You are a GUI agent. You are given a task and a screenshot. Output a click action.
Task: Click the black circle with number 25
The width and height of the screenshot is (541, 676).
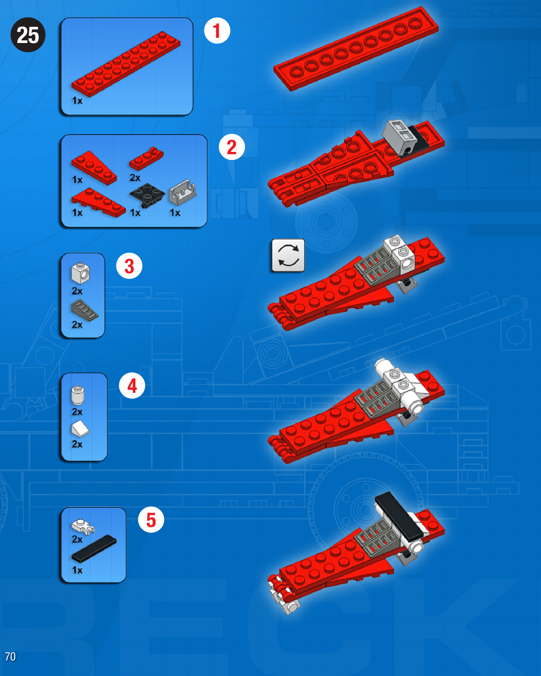click(x=28, y=35)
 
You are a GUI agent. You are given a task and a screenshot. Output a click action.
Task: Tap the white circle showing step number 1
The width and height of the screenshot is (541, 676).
click(x=217, y=31)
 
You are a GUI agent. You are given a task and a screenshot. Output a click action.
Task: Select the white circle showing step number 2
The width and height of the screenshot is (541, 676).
click(x=232, y=147)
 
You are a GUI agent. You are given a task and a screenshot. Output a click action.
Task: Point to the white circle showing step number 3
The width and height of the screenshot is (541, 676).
click(x=129, y=266)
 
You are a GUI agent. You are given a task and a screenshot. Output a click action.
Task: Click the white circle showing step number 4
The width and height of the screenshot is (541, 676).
click(x=132, y=385)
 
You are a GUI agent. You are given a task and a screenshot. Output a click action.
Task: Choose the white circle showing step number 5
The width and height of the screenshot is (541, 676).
click(x=151, y=520)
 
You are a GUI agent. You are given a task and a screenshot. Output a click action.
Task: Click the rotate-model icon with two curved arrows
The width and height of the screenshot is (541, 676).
click(x=288, y=255)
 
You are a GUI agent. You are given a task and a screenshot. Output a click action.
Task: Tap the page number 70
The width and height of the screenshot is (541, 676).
click(x=10, y=657)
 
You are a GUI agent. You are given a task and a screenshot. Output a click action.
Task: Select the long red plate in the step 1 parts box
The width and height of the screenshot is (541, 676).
click(x=126, y=64)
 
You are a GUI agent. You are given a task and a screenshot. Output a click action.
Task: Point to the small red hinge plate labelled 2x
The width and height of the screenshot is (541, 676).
click(x=146, y=159)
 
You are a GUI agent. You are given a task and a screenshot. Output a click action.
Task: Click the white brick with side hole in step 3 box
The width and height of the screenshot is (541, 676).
click(x=80, y=273)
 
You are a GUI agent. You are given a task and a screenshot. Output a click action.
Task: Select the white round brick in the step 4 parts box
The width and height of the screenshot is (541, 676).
click(x=78, y=395)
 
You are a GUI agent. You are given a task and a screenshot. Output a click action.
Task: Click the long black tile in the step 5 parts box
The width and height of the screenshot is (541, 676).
click(x=94, y=549)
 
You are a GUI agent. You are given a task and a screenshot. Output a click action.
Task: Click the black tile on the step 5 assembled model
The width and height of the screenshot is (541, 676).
click(x=399, y=517)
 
